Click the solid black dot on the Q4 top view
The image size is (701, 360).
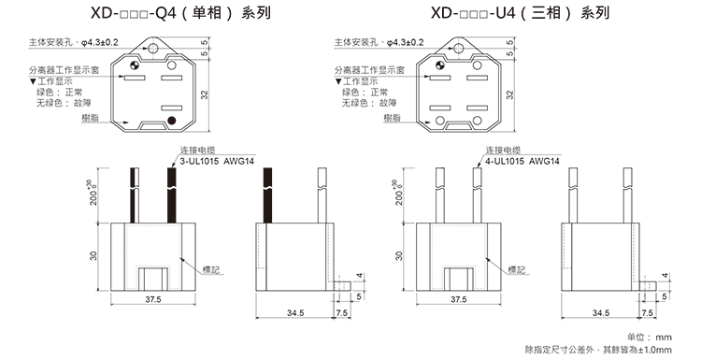tap(171, 121)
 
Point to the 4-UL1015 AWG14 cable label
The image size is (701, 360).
tap(523, 161)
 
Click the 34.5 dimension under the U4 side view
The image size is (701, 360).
tap(602, 312)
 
